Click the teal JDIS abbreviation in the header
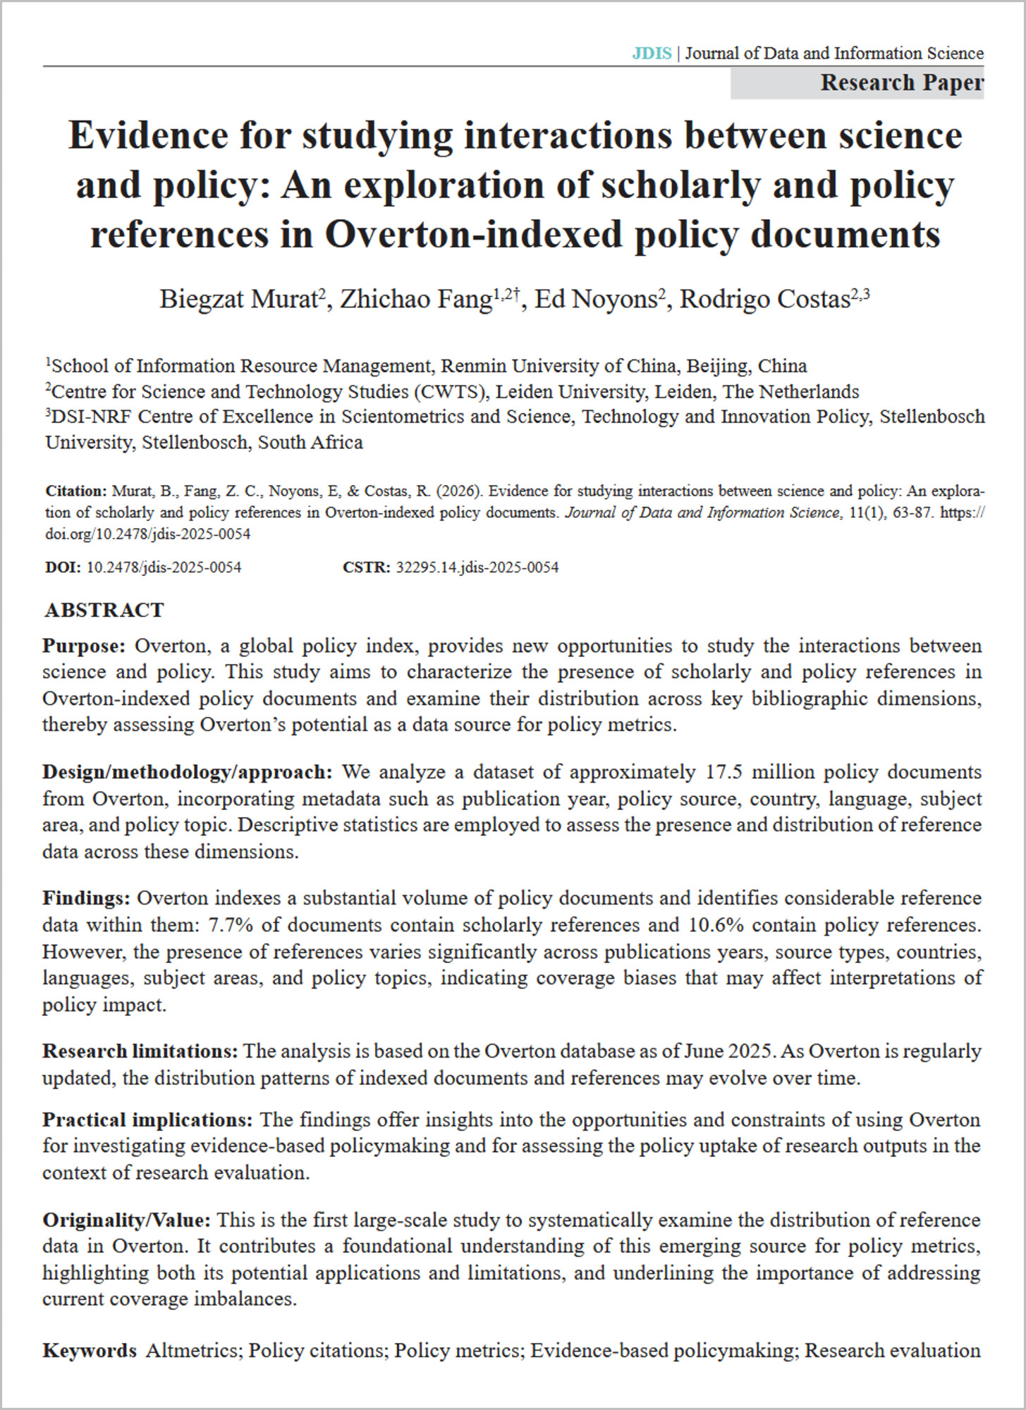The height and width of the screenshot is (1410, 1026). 651,54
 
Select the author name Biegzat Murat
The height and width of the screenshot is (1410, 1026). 238,300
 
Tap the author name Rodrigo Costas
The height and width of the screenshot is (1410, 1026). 764,300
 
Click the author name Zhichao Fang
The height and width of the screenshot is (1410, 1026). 416,300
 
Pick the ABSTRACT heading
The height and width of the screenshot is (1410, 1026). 104,610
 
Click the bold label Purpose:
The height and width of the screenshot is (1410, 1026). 84,646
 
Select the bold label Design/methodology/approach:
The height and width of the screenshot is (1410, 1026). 187,772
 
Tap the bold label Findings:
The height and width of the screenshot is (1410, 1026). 86,898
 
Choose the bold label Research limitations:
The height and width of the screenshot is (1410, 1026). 140,1051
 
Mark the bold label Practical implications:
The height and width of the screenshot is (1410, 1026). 147,1120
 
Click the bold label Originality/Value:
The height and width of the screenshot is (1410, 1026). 126,1220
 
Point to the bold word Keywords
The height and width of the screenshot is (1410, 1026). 90,1350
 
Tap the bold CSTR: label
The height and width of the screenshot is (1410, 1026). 366,568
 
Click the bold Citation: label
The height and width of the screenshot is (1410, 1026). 75,491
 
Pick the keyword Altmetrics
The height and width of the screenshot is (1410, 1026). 194,1350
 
